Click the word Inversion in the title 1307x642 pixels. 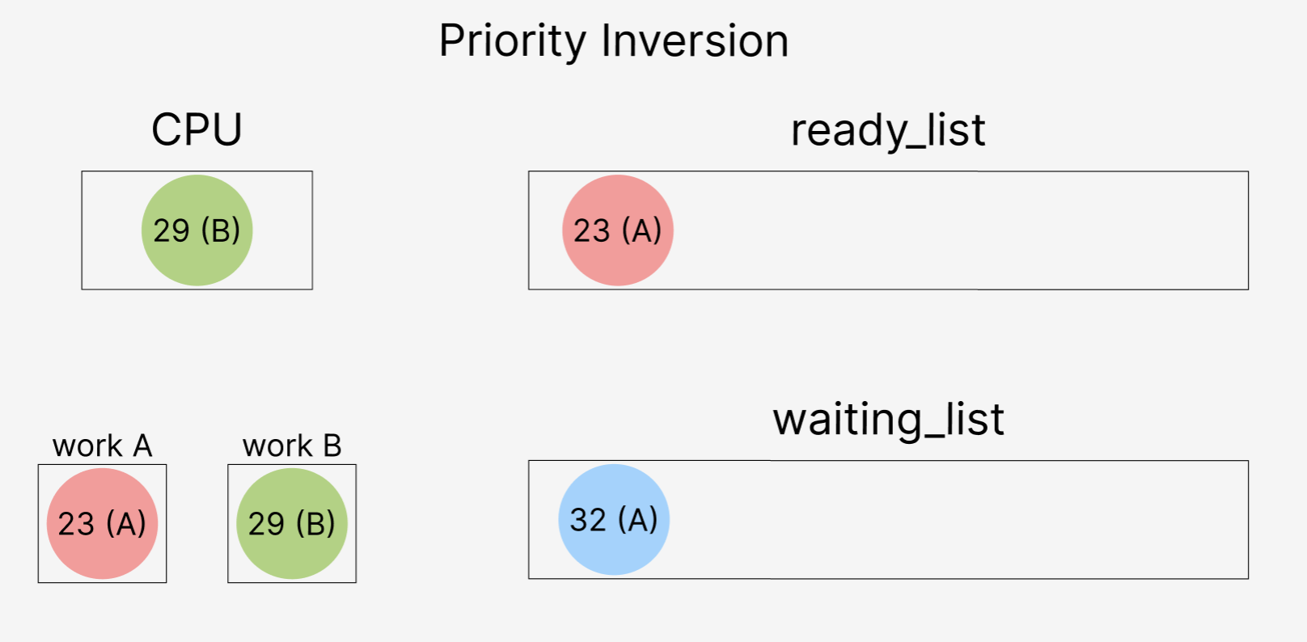pos(696,41)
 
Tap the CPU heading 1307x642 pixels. pos(197,129)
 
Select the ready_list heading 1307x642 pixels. pos(888,131)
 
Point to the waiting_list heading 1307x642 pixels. pos(888,420)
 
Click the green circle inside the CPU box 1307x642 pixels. pos(197,230)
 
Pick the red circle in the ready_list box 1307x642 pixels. pos(618,230)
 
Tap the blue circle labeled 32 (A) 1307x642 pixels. pos(614,520)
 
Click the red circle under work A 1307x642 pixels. pos(102,524)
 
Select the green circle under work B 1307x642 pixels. pos(292,524)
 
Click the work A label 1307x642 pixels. pos(102,446)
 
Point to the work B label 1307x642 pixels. pos(292,446)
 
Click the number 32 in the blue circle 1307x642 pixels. pos(588,520)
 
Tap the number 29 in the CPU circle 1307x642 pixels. pos(171,231)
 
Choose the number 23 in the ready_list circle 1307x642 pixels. pos(591,231)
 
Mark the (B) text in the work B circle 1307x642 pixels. pos(315,524)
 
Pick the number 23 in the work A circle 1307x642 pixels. pos(76,524)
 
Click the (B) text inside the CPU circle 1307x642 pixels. pos(221,231)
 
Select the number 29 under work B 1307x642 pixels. pos(266,524)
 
